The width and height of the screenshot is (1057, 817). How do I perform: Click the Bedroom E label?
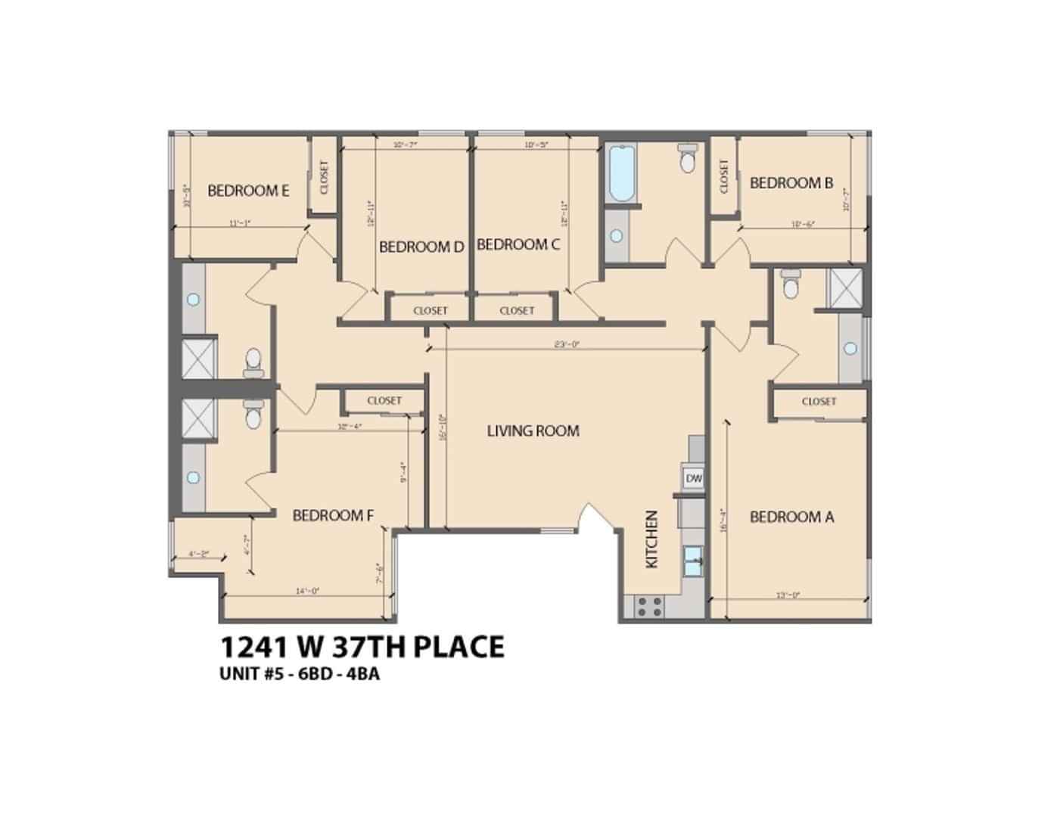(x=247, y=191)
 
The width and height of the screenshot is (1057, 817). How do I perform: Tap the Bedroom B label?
(x=791, y=183)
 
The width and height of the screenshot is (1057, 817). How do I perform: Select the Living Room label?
(x=533, y=431)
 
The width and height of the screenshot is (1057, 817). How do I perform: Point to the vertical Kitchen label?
(x=651, y=539)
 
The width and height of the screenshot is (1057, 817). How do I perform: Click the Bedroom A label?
(x=791, y=517)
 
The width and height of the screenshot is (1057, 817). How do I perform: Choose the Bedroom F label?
(x=333, y=516)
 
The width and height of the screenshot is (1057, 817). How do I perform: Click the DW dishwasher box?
(x=694, y=478)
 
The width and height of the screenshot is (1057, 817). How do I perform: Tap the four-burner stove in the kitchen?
(x=648, y=607)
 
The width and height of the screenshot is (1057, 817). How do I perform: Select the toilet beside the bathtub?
(x=687, y=160)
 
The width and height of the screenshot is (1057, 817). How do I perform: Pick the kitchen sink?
(x=693, y=561)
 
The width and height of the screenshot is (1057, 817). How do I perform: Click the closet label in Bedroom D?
(x=431, y=310)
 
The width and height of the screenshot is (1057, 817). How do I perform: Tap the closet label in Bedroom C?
(x=517, y=310)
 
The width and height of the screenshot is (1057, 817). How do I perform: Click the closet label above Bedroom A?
(x=819, y=401)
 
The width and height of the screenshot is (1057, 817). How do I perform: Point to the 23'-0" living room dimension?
(x=566, y=344)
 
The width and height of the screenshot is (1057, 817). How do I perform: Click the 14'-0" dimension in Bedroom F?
(x=308, y=592)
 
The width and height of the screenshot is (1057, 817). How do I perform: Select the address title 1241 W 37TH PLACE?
(x=362, y=647)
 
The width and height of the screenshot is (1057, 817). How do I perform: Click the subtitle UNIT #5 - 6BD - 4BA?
(x=299, y=674)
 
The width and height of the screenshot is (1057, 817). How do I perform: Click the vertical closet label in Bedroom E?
(x=325, y=176)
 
